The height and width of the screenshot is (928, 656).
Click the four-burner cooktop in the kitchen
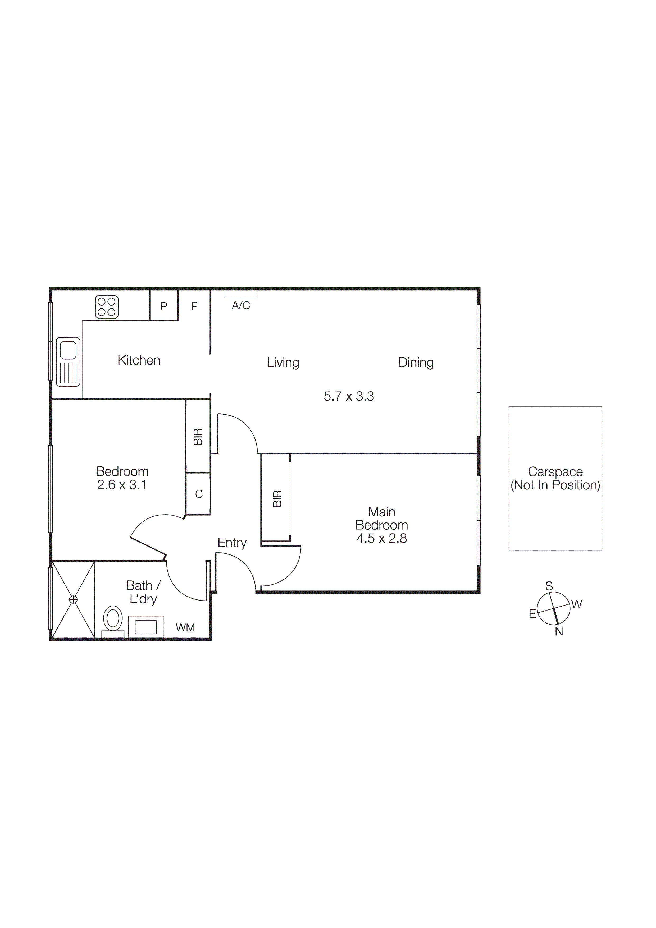107,307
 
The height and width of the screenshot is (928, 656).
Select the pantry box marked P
164,306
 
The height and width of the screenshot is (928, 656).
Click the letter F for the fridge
194,306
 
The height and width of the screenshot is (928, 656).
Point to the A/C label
241,306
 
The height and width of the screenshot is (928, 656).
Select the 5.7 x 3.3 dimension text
349,396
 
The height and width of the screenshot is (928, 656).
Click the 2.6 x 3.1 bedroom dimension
122,485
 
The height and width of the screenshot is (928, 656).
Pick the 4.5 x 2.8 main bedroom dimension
381,538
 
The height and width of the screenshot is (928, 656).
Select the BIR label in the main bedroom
277,499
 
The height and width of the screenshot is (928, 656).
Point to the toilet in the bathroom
113,618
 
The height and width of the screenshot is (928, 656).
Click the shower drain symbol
73,599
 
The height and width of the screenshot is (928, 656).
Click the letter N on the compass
559,631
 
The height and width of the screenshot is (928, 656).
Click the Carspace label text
555,472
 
